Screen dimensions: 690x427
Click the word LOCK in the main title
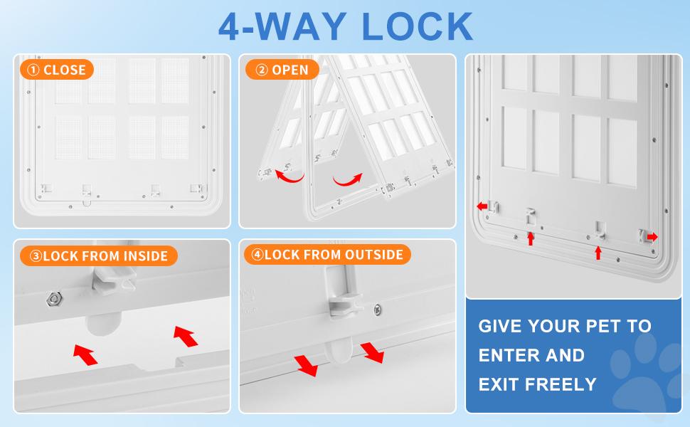point(417,27)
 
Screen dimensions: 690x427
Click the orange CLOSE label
point(57,70)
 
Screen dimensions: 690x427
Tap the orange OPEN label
point(282,70)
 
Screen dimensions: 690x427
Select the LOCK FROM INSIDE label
point(99,255)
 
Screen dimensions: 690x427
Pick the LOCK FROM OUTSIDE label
point(327,255)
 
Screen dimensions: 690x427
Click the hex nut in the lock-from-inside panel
point(54,300)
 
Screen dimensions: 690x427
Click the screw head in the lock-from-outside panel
point(378,310)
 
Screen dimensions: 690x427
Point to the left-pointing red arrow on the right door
point(482,206)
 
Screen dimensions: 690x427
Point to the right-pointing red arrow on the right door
point(652,237)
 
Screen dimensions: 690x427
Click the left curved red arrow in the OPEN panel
point(288,176)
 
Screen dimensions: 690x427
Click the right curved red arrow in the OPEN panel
point(348,179)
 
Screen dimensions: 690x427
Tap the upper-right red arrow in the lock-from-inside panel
point(185,336)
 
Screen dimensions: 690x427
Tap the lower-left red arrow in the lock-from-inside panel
point(85,355)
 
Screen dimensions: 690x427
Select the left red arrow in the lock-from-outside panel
point(306,365)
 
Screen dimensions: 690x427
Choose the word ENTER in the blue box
point(506,355)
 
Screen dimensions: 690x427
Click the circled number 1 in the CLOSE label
point(33,70)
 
